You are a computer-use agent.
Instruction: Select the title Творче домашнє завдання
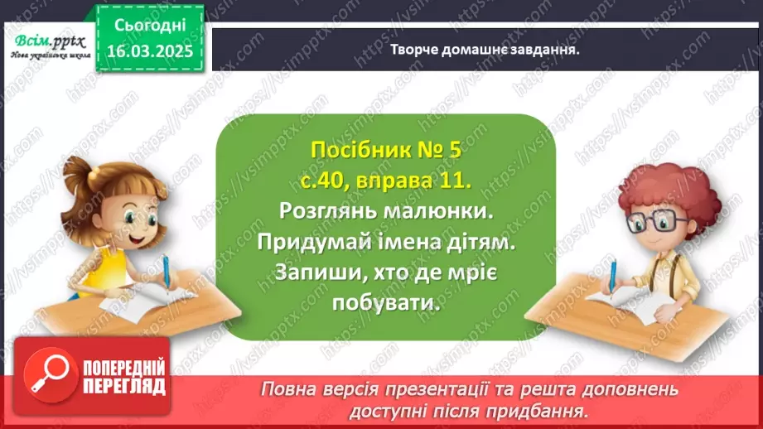coord(484,48)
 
